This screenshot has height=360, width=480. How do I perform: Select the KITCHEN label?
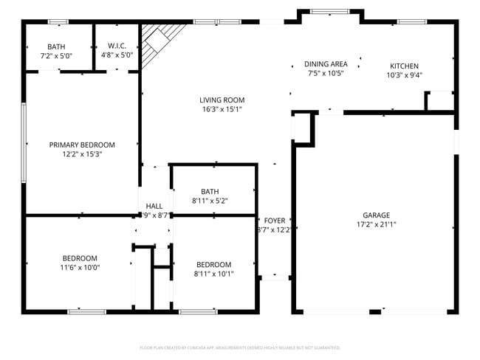(405, 65)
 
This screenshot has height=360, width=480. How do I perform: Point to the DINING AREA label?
(326, 64)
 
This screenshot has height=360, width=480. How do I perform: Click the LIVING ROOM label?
(222, 100)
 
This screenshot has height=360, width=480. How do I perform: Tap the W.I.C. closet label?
(117, 46)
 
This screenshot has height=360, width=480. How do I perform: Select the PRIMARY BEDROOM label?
(82, 145)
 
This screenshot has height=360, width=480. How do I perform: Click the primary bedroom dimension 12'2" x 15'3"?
(82, 154)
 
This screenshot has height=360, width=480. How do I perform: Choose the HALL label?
(154, 207)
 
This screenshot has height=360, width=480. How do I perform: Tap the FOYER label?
(275, 221)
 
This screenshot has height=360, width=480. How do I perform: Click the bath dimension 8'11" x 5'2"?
(210, 200)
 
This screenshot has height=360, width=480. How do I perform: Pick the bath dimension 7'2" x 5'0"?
(56, 55)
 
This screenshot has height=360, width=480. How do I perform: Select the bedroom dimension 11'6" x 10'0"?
(80, 268)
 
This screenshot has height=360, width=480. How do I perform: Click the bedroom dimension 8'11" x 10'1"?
(213, 274)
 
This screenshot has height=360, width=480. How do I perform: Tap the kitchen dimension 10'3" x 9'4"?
(405, 75)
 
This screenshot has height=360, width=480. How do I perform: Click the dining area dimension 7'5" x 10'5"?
(326, 73)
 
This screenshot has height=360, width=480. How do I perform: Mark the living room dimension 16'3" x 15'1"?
(222, 109)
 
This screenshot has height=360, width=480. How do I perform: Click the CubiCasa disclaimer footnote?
(240, 347)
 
